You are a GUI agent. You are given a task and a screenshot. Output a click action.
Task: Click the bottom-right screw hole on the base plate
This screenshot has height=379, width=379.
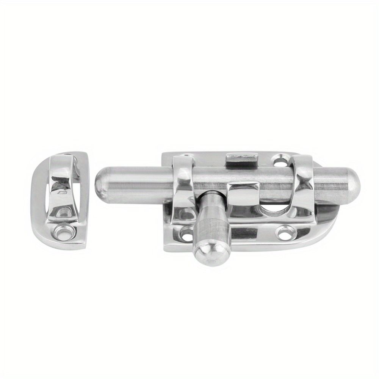285,232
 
